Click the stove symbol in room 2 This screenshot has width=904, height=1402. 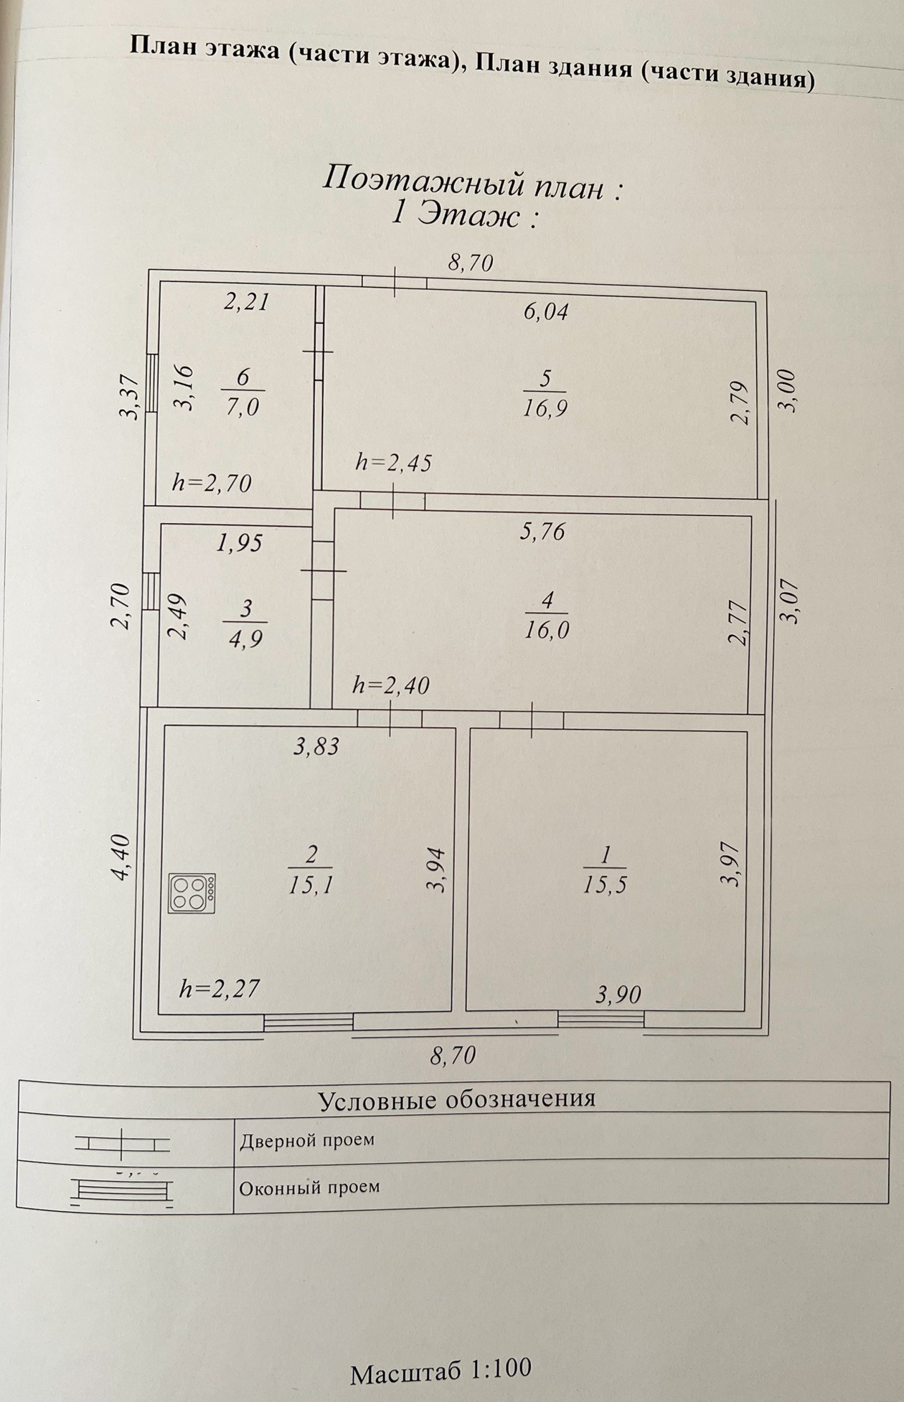192,893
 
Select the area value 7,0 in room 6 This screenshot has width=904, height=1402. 243,407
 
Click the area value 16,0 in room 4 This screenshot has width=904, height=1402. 546,629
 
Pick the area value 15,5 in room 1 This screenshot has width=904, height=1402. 605,885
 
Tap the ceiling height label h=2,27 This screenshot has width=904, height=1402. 219,989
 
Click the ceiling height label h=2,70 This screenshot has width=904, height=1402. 212,483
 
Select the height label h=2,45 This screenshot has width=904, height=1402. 394,463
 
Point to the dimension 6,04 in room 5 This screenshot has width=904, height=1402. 546,311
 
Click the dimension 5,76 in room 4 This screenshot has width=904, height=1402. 543,532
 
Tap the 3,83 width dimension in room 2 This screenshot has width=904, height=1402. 316,747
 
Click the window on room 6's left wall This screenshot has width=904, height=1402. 151,384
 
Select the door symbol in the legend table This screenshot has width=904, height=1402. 122,1144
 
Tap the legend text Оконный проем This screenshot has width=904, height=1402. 309,1187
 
